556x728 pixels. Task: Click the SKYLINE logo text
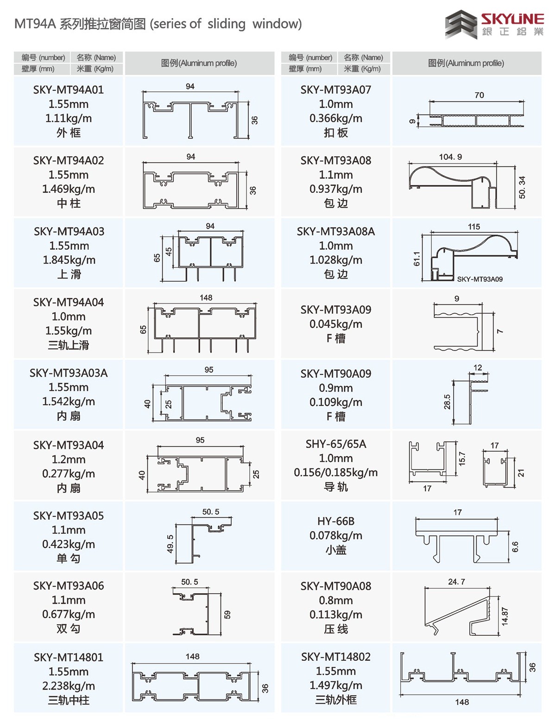512,19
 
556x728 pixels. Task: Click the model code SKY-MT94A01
69,90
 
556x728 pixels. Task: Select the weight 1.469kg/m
69,189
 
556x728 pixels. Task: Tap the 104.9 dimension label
450,157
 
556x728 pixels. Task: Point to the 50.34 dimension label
522,187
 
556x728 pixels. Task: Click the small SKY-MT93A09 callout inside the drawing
480,279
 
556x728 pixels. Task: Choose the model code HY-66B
336,521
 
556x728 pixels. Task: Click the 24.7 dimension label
456,582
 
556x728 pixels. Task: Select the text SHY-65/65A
336,444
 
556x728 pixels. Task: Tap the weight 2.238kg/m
69,686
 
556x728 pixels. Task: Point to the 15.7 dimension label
462,459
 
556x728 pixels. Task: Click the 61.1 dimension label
417,259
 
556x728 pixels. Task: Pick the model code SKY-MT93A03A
69,373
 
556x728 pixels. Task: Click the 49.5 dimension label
170,544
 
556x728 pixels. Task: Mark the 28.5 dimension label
447,402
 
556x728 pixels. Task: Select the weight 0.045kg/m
336,324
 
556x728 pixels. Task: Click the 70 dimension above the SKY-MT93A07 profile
479,95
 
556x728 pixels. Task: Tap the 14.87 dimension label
505,616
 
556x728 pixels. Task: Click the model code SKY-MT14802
336,657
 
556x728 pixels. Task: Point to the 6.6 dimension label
515,547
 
